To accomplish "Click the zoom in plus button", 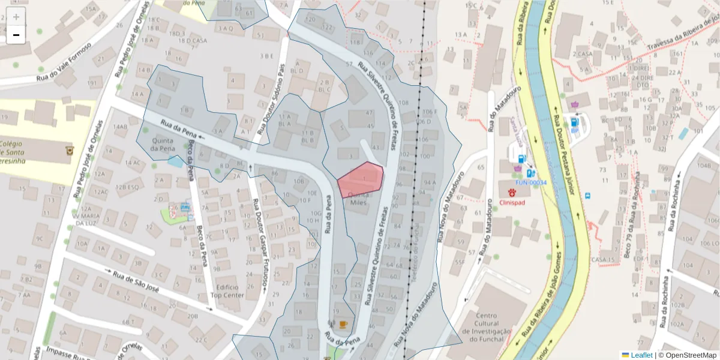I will point(16,16).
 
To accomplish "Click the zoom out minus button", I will point(16,35).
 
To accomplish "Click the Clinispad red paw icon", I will point(512,193).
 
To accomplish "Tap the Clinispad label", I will point(512,203).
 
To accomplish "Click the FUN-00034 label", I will point(531,182).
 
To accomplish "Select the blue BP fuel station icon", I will point(574,122).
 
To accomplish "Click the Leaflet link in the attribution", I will point(641,355).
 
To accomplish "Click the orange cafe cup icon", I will point(343,325).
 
